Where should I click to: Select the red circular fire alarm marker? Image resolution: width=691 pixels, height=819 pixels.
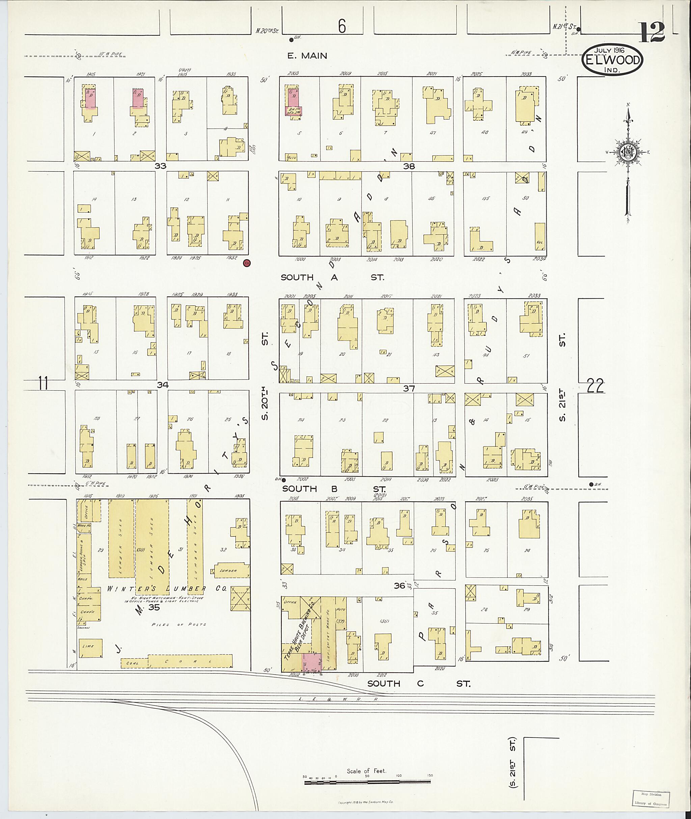(x=247, y=263)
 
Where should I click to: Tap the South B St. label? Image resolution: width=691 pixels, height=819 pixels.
(x=334, y=489)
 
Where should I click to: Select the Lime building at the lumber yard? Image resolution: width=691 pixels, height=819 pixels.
(x=90, y=647)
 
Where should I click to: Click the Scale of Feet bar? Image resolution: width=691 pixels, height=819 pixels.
(x=367, y=508)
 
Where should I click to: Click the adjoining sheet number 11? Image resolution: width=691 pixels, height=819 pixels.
(x=44, y=383)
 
